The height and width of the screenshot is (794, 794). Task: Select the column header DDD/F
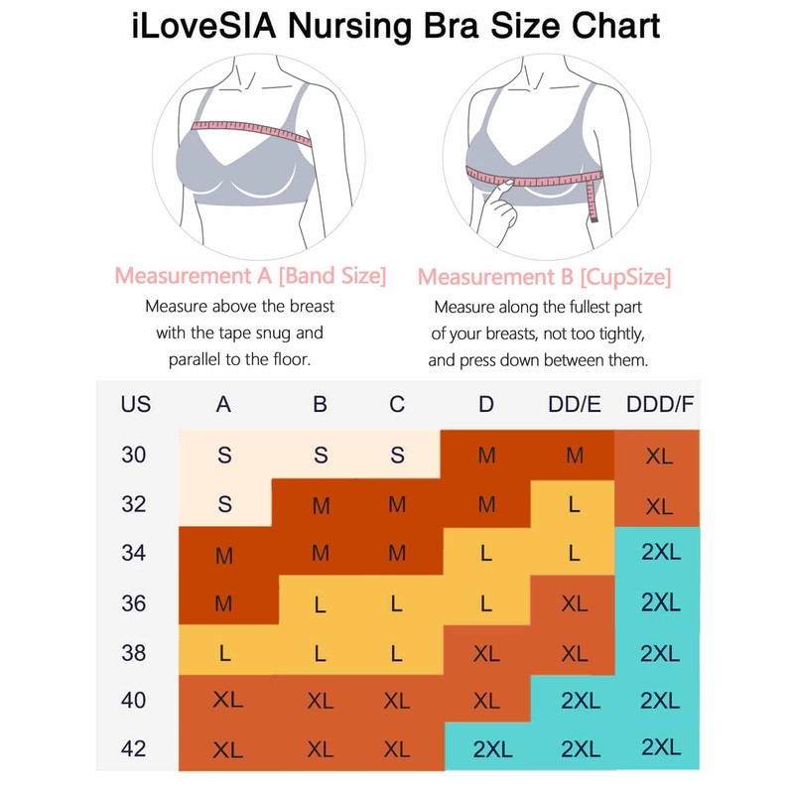tap(659, 405)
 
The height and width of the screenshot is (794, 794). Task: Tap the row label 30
tap(133, 455)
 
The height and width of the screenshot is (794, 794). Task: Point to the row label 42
tap(133, 748)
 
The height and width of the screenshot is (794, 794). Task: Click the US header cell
tap(135, 405)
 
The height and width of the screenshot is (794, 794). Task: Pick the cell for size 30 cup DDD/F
tap(659, 457)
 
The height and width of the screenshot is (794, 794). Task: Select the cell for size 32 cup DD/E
tap(574, 504)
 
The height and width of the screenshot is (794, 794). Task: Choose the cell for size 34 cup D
tap(486, 553)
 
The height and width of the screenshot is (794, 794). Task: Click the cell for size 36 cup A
tap(224, 602)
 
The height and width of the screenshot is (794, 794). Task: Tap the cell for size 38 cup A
tap(224, 652)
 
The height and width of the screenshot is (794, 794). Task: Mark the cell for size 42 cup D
tap(486, 748)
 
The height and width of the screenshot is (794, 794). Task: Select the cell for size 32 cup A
tap(224, 504)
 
